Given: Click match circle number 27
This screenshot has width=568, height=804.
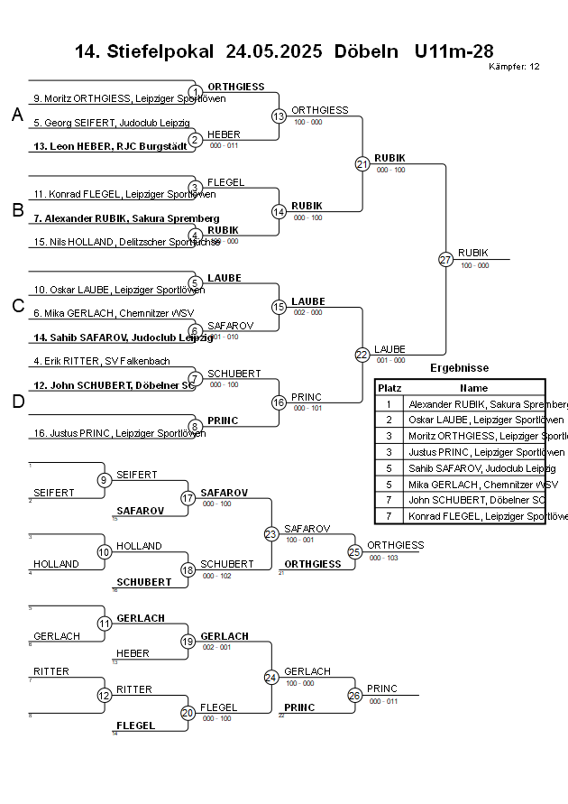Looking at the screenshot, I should click(x=445, y=260).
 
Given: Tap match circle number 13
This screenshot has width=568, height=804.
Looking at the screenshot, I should click(x=279, y=116).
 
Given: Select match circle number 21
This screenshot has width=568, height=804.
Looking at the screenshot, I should click(x=362, y=164).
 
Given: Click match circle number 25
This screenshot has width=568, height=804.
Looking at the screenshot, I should click(x=355, y=551).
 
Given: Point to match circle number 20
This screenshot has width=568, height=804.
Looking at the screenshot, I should click(x=188, y=713).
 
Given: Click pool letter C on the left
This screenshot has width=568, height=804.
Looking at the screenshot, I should click(x=17, y=306).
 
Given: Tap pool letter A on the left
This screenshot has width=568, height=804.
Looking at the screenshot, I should click(x=17, y=115).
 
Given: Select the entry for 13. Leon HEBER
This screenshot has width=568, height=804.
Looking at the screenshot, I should click(x=111, y=145).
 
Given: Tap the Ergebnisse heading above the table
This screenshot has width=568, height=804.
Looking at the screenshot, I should click(x=460, y=368).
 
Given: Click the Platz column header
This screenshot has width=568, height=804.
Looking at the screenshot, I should click(x=389, y=387).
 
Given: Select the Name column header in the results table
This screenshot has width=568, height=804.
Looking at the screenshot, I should click(x=473, y=387).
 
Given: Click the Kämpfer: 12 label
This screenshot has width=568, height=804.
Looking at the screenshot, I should click(x=514, y=67).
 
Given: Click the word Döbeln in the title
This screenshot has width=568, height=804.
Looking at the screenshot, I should click(x=366, y=51).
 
